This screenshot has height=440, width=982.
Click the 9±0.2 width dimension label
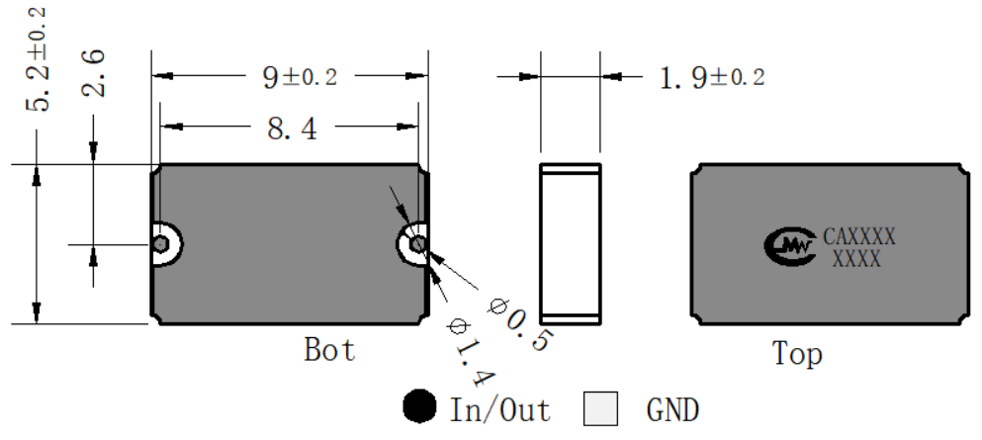pyautogui.click(x=300, y=77)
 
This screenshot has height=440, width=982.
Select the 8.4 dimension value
pyautogui.click(x=293, y=129)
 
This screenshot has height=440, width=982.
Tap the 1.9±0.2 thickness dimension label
pyautogui.click(x=712, y=78)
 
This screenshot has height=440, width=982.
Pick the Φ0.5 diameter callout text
pyautogui.click(x=520, y=324)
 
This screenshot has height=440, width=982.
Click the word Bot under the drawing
pyautogui.click(x=329, y=349)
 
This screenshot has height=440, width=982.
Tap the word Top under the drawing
pyautogui.click(x=797, y=354)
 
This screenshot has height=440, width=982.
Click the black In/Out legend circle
pyautogui.click(x=419, y=406)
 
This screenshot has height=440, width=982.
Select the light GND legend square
pyautogui.click(x=600, y=408)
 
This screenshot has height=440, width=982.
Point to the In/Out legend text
pyautogui.click(x=500, y=410)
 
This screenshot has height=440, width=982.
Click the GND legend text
pyautogui.click(x=672, y=410)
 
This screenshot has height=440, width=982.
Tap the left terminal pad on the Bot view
pyautogui.click(x=165, y=244)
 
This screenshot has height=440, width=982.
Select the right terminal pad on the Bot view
pyautogui.click(x=413, y=244)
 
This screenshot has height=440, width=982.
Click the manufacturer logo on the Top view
pyautogui.click(x=790, y=246)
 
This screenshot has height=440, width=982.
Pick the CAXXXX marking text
pyautogui.click(x=858, y=236)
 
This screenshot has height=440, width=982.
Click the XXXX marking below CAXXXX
pyautogui.click(x=856, y=258)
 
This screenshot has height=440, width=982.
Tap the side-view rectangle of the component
pyautogui.click(x=571, y=244)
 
